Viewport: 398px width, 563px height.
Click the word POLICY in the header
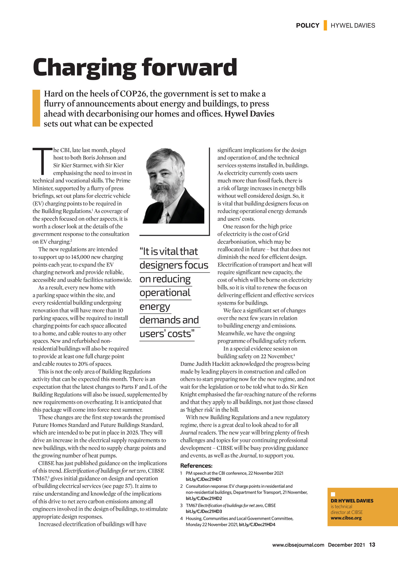pyautogui.click(x=308, y=26)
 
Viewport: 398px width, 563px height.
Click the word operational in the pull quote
pyautogui.click(x=165, y=292)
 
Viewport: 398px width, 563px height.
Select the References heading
pyautogui.click(x=196, y=466)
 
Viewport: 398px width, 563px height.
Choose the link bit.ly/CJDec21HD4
pyautogui.click(x=257, y=524)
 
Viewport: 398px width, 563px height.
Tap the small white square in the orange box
pyautogui.click(x=333, y=494)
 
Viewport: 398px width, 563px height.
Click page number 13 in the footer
pyautogui.click(x=372, y=545)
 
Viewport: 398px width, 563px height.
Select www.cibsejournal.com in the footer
pyautogui.click(x=298, y=545)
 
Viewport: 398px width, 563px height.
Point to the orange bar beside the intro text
pyautogui.click(x=36, y=108)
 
